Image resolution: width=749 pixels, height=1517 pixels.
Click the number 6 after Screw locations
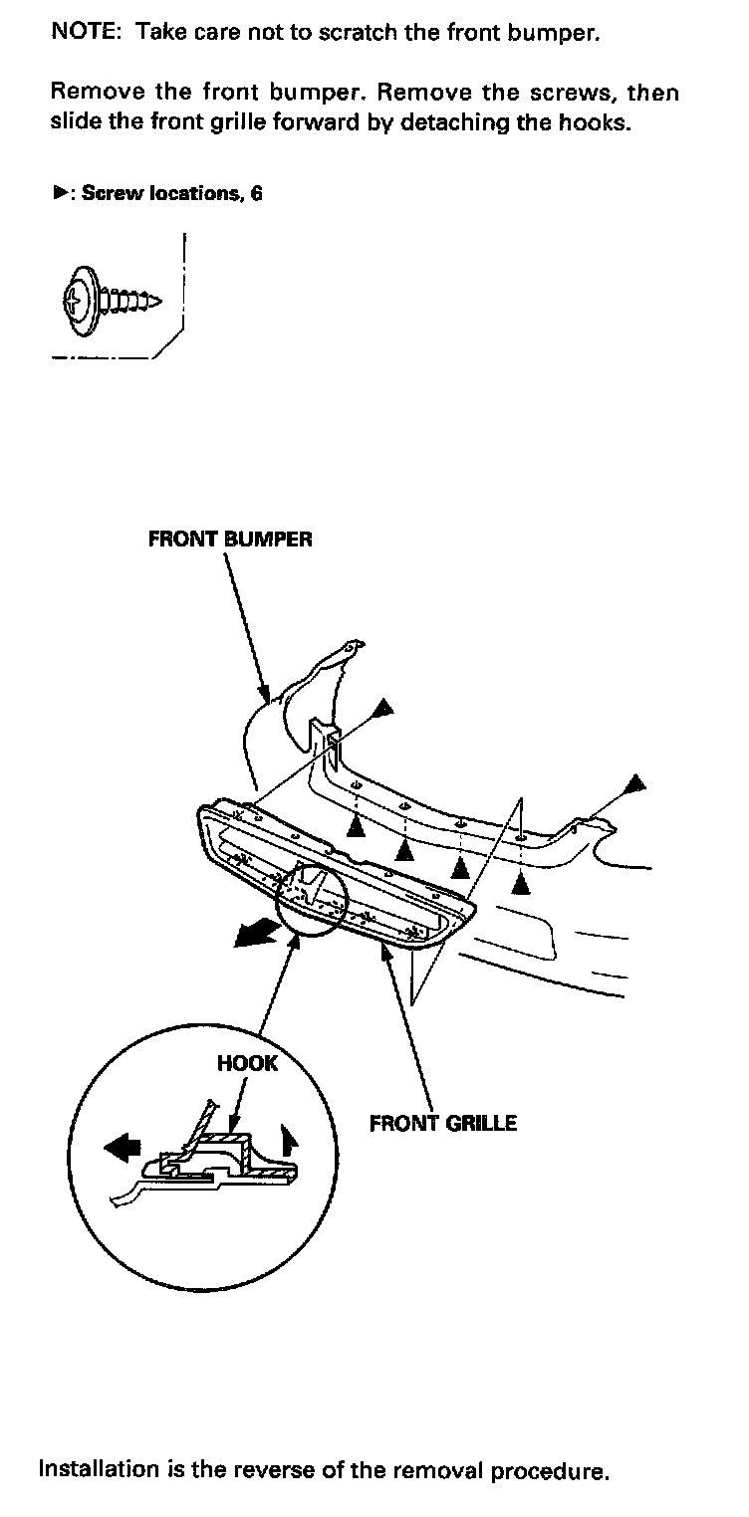tap(256, 193)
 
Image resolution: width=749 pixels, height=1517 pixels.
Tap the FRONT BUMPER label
tap(230, 540)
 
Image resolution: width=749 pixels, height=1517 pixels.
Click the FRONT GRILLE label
tap(443, 1124)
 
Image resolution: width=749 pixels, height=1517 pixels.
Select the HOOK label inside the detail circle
tap(248, 1063)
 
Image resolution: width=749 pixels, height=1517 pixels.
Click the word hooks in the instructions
tap(600, 124)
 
